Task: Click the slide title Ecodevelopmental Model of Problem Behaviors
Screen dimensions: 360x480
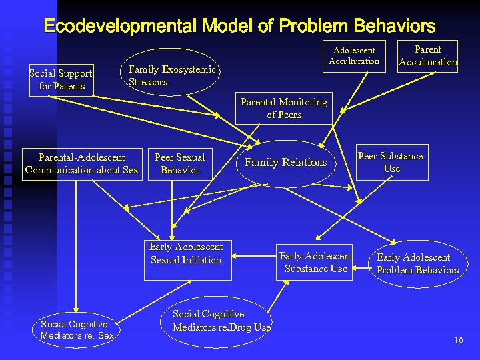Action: (x=239, y=26)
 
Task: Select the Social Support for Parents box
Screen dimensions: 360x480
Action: (x=61, y=79)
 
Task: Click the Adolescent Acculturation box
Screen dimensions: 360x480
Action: (x=354, y=55)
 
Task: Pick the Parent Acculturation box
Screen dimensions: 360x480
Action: (x=427, y=56)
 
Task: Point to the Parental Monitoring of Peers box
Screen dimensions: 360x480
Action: (x=284, y=109)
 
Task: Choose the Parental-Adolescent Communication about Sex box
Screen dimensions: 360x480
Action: (x=82, y=163)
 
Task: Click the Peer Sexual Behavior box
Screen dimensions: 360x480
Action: (x=179, y=163)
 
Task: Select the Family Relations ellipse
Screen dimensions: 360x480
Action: (x=286, y=162)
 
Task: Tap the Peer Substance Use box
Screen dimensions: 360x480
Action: (x=390, y=162)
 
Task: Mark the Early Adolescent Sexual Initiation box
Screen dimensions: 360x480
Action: (x=186, y=253)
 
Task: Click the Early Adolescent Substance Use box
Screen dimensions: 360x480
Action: (x=315, y=262)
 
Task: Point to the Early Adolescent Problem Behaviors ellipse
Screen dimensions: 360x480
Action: (x=417, y=263)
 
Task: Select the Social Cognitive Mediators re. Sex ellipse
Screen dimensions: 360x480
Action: (x=77, y=329)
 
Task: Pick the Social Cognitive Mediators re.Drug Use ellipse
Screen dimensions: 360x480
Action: (x=221, y=321)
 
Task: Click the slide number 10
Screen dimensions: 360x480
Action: (x=458, y=341)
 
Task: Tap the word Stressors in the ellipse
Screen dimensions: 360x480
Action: (x=148, y=82)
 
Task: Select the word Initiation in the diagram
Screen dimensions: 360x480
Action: (x=203, y=260)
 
